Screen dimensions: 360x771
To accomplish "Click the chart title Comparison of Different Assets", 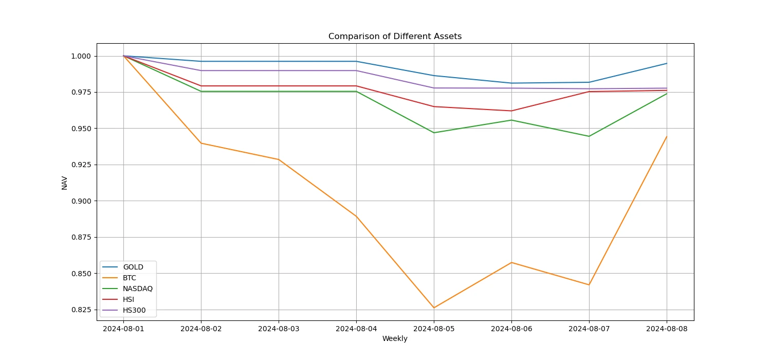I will (x=395, y=37).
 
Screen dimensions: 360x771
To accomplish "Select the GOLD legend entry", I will (x=133, y=267).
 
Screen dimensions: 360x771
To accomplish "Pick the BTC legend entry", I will (x=129, y=278).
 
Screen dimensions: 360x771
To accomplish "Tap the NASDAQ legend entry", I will (x=137, y=289).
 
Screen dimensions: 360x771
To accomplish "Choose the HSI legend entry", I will (x=128, y=299).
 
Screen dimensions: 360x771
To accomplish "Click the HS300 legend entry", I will (x=134, y=310).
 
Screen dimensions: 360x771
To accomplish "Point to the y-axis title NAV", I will (x=65, y=183).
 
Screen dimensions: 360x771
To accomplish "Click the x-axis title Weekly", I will (x=395, y=338).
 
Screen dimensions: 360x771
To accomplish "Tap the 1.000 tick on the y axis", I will (x=81, y=56).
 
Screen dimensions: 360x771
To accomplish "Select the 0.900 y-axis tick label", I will (x=81, y=201).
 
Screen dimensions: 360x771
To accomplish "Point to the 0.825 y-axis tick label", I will (x=81, y=310).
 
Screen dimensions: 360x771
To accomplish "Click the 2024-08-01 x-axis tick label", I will (x=123, y=328).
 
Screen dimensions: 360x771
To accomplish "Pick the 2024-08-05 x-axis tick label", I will (x=434, y=328).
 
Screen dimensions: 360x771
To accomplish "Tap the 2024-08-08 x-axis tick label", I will (x=667, y=328).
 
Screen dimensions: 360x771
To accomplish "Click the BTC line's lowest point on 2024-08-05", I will (x=434, y=308).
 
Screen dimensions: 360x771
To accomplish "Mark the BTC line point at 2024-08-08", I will (x=667, y=136).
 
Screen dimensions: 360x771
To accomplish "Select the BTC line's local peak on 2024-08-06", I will (x=511, y=262).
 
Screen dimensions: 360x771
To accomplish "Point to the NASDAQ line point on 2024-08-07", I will (x=589, y=136).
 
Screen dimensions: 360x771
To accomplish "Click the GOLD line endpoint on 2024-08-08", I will (x=667, y=63).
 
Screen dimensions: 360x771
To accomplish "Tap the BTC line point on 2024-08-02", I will (x=201, y=143).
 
